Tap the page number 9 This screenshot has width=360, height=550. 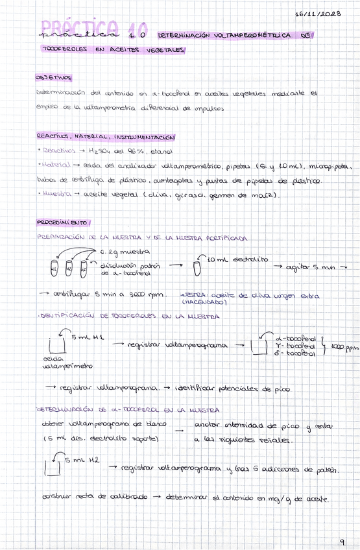pos(342,542)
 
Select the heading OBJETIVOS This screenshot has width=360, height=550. pos(54,77)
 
